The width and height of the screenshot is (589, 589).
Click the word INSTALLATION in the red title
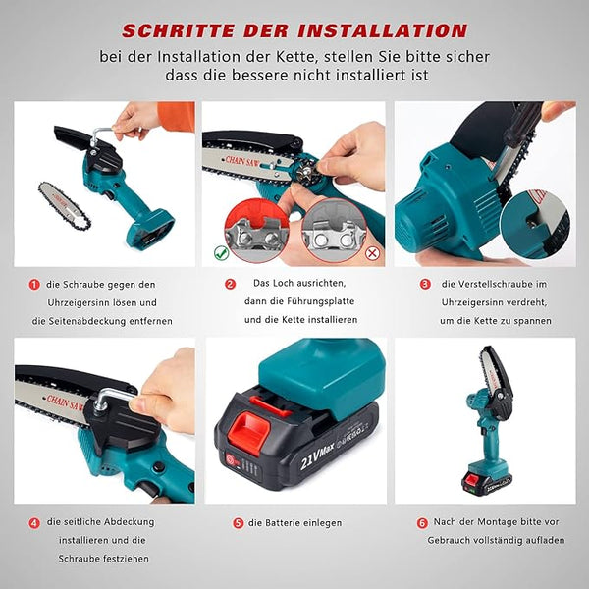pos(383,30)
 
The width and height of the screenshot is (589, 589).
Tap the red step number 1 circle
pos(34,285)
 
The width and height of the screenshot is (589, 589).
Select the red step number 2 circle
pos(230,284)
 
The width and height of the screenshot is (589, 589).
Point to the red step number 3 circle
pos(425,284)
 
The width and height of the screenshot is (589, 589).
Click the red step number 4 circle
pos(34,523)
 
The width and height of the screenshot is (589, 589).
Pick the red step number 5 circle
pos(239,523)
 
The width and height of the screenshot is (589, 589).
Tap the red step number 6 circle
pos(422,522)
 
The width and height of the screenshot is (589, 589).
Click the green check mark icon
pos(221,253)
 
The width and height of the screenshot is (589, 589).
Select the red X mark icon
pos(372,253)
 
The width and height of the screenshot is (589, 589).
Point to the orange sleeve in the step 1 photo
pos(176,116)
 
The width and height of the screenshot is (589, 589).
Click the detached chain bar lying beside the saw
pos(64,205)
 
